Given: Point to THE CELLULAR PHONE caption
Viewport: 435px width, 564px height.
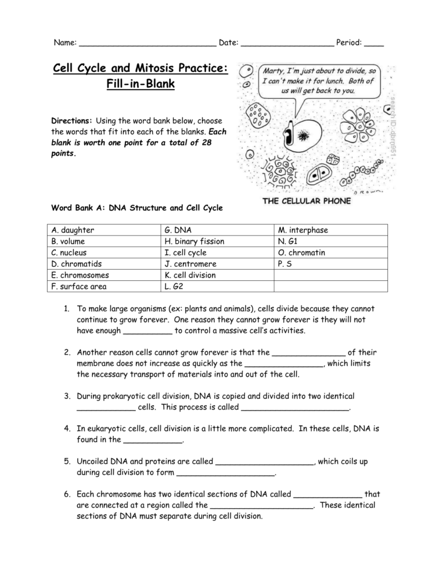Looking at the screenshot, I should pos(307,202).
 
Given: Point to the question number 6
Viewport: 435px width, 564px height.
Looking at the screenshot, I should pos(67,494).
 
